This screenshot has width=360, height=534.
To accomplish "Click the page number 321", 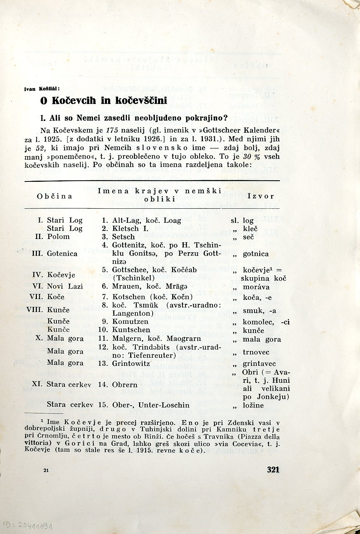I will pos(273,469).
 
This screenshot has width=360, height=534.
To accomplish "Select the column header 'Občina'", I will pos(55,196).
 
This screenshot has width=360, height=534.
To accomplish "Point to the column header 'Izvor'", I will pos(261,196).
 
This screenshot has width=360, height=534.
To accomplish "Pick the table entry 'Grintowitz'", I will pos(131,363).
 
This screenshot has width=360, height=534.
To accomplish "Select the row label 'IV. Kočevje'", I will pos(54,275).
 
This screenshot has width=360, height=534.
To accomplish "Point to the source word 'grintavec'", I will pos(259,364).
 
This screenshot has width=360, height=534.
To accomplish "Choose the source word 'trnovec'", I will pos(256,352).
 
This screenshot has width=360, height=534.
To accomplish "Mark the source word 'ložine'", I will pos(253,405).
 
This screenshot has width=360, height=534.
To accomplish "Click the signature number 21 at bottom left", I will pos(46,470).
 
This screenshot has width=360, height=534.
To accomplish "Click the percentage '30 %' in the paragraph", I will pos(242,156).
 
